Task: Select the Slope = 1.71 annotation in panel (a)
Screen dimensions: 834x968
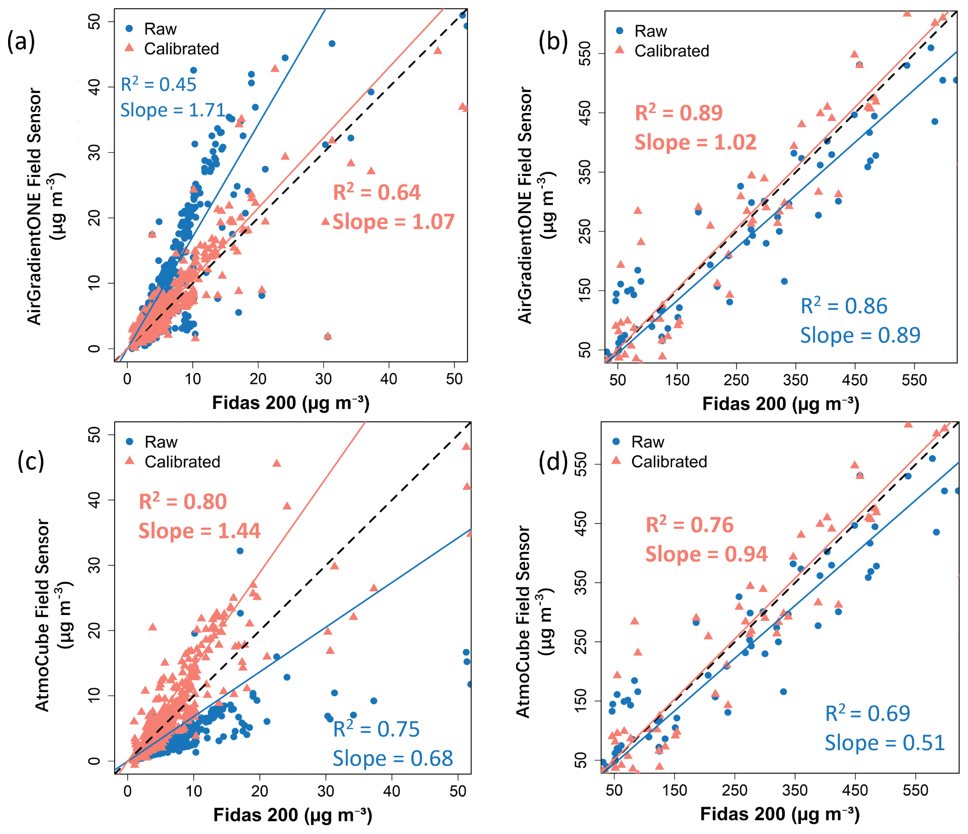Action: click(x=172, y=110)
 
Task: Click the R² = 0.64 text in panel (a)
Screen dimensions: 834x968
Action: click(x=377, y=193)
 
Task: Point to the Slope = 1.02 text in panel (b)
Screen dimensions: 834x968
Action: click(x=695, y=143)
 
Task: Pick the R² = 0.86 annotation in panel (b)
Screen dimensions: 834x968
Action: click(x=844, y=306)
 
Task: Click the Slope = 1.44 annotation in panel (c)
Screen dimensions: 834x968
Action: click(x=199, y=531)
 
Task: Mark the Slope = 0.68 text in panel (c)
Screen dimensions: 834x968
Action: click(x=393, y=759)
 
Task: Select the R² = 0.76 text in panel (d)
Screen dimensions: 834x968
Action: click(x=689, y=525)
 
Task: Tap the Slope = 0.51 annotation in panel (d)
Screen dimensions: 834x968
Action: click(x=885, y=743)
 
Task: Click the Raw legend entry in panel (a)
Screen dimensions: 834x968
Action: click(x=160, y=29)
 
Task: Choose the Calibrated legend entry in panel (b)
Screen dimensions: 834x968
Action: click(x=671, y=51)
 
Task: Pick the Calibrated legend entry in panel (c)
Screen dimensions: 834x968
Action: click(x=182, y=462)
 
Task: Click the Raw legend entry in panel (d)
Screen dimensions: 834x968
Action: click(x=647, y=442)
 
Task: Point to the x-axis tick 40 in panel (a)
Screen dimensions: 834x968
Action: click(x=389, y=379)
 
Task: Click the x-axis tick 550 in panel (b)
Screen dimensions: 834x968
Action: click(x=914, y=380)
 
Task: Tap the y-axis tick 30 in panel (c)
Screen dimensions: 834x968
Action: click(x=94, y=565)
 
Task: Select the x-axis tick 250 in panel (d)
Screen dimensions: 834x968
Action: click(x=734, y=790)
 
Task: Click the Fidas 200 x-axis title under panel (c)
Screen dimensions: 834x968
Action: click(x=292, y=815)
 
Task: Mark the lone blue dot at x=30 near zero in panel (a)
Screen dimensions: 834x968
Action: click(x=328, y=337)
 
